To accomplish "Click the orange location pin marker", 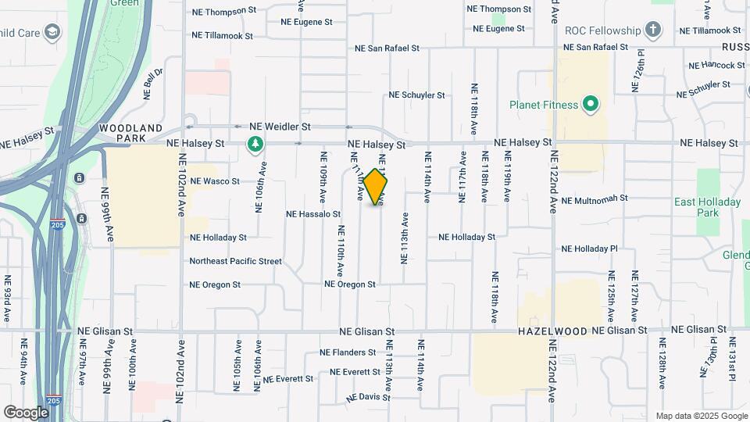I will pos(376,187).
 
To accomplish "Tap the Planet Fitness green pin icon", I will pos(591,105).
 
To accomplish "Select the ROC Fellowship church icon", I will pos(653,31).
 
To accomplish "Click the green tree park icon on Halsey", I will pos(254,144).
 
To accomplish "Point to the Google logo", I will pos(26,412).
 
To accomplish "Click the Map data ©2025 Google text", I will pos(702,416).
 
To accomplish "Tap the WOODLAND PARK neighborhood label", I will pos(130,133).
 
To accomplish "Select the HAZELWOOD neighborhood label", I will pos(552,331).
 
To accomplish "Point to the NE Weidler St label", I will pos(280,126).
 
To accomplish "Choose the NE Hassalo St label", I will pos(313,213).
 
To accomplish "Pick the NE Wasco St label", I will pos(215,181).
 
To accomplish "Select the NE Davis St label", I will pos(369,397).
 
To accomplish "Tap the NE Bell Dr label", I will pos(153,84).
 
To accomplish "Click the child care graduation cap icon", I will pos(52,32).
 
